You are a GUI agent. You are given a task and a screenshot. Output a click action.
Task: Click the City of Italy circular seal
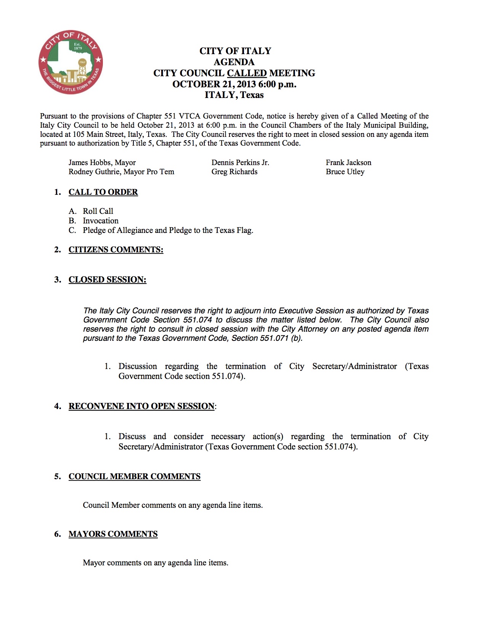(71, 62)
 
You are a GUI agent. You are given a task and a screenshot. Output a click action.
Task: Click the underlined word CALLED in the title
(247, 73)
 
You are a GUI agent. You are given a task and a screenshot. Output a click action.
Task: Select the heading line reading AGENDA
(234, 62)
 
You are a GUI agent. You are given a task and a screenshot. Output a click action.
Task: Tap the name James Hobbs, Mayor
(102, 163)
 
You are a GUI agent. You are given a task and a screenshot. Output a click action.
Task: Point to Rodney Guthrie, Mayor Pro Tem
(121, 172)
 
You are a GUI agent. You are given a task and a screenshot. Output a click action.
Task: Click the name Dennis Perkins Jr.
(240, 163)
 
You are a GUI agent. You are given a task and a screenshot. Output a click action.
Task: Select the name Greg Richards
(234, 172)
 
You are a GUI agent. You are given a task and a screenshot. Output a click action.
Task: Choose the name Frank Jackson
(348, 163)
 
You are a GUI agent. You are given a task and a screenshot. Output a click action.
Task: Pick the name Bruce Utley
(345, 172)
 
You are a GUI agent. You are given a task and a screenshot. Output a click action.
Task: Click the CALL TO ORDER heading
(103, 192)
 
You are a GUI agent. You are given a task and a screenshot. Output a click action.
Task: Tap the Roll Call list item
(98, 211)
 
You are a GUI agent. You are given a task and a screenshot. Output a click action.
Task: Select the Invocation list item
(101, 221)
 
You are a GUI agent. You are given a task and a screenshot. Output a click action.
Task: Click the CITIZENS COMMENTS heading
(116, 250)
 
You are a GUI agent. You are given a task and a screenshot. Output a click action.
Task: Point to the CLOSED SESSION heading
(107, 280)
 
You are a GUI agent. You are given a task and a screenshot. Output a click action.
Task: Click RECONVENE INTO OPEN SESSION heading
(141, 406)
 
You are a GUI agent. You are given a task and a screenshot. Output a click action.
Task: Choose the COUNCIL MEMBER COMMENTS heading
(135, 477)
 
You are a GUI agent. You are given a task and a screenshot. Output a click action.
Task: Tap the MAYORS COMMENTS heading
(113, 534)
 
